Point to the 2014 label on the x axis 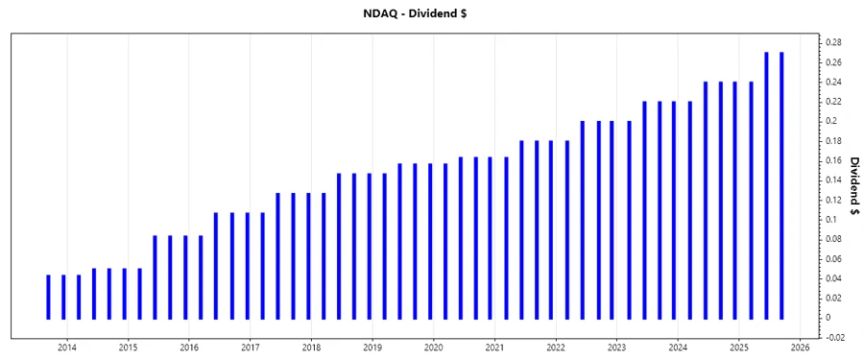pyautogui.click(x=67, y=348)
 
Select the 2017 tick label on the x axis pyautogui.click(x=250, y=348)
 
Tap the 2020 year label pyautogui.click(x=433, y=348)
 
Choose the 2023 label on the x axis pyautogui.click(x=616, y=348)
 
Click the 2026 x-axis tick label pyautogui.click(x=801, y=348)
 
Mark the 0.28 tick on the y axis pyautogui.click(x=833, y=43)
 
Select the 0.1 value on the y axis pyautogui.click(x=831, y=220)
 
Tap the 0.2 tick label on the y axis pyautogui.click(x=831, y=122)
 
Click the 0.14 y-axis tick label pyautogui.click(x=833, y=180)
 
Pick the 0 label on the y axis pyautogui.click(x=828, y=318)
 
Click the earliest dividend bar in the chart pyautogui.click(x=48, y=297)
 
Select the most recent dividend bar pyautogui.click(x=781, y=185)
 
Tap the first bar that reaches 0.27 pyautogui.click(x=766, y=185)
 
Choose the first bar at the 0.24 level pyautogui.click(x=706, y=200)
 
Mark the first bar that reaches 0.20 pyautogui.click(x=583, y=220)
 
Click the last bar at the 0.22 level pyautogui.click(x=689, y=209)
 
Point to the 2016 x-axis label pyautogui.click(x=189, y=348)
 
